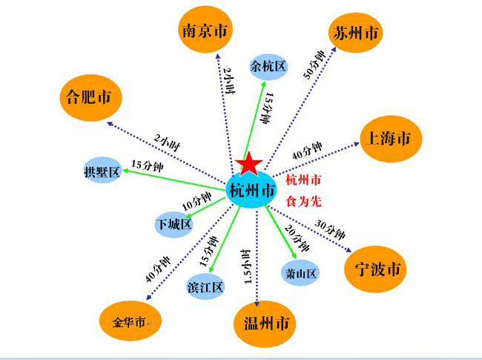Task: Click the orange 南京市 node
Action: pyautogui.click(x=205, y=30)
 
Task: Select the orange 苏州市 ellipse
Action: pyautogui.click(x=356, y=33)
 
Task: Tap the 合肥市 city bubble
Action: pyautogui.click(x=90, y=98)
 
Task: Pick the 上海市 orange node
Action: pyautogui.click(x=391, y=139)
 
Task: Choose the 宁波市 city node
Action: pyautogui.click(x=375, y=269)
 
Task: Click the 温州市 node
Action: pyautogui.click(x=265, y=324)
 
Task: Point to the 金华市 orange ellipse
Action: pyautogui.click(x=130, y=321)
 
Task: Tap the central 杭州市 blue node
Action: pyautogui.click(x=251, y=190)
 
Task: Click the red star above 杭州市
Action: pyautogui.click(x=248, y=164)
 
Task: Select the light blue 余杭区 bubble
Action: pyautogui.click(x=268, y=67)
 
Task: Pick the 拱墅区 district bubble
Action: pyautogui.click(x=102, y=170)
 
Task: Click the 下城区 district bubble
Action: pyautogui.click(x=174, y=224)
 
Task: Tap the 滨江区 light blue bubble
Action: pyautogui.click(x=205, y=287)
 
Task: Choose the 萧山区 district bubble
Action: pyautogui.click(x=300, y=272)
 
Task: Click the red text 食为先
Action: pyautogui.click(x=304, y=202)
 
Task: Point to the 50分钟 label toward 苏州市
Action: pyautogui.click(x=314, y=65)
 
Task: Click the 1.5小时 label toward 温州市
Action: pyautogui.click(x=247, y=266)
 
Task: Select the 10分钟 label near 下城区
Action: pyautogui.click(x=197, y=201)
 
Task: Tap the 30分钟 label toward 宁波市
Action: pyautogui.click(x=329, y=230)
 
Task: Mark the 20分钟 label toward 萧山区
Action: pyautogui.click(x=297, y=238)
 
